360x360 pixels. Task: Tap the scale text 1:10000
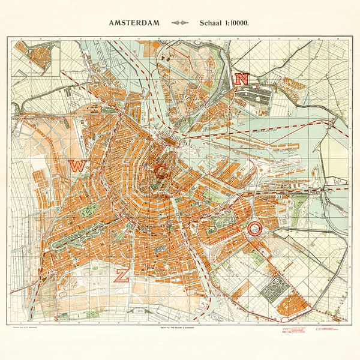pyautogui.click(x=233, y=24)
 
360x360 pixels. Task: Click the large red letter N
pyautogui.click(x=242, y=79)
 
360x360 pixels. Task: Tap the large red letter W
pyautogui.click(x=76, y=166)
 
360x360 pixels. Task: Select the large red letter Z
pyautogui.click(x=121, y=275)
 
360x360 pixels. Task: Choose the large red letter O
pyautogui.click(x=255, y=228)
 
